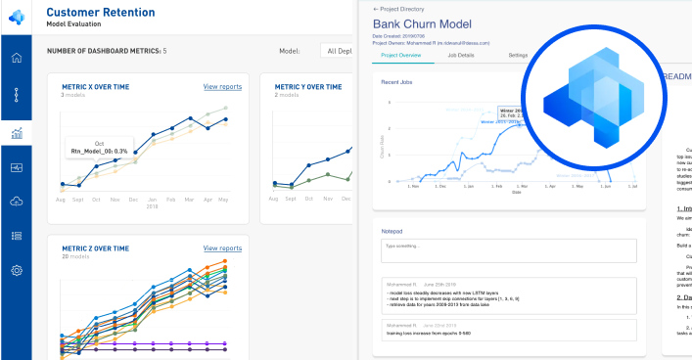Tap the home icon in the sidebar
16,58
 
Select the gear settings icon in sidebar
16,270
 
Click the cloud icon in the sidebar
16,202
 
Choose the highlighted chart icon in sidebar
16,134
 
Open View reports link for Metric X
222,87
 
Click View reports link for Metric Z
222,248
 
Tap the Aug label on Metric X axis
62,199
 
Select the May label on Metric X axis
223,199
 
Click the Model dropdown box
337,51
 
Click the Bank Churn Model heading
422,23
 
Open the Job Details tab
460,56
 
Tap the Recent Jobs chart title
396,82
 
